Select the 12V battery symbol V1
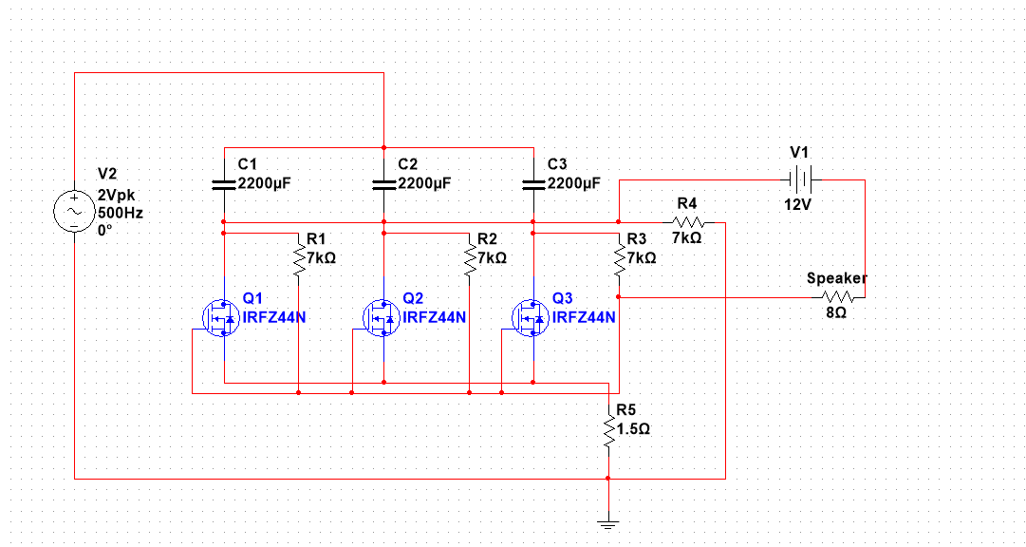(797, 179)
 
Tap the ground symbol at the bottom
(608, 521)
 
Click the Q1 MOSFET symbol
(221, 318)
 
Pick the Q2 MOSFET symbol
(382, 318)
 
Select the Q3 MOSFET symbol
(531, 318)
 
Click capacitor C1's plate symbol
(223, 184)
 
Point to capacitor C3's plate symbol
(533, 184)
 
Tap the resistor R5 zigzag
(608, 432)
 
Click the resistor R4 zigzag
(687, 222)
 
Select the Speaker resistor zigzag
(836, 297)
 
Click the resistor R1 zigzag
(299, 258)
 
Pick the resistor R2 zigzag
(469, 258)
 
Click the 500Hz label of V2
(120, 214)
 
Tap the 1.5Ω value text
(633, 428)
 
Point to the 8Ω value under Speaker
(836, 312)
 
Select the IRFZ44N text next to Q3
(584, 317)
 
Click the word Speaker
(836, 278)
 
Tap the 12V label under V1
(797, 204)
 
